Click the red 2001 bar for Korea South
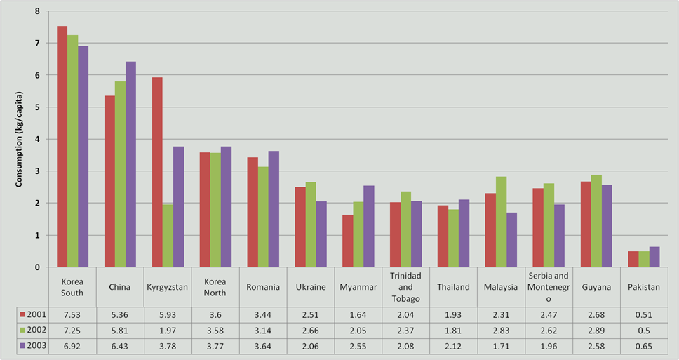62,147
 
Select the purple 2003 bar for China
130,164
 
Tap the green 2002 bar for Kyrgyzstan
168,236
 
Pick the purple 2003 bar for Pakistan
654,257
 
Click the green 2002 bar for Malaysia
501,222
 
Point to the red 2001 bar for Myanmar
348,241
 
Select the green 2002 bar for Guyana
596,221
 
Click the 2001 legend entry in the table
34,314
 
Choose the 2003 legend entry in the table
34,347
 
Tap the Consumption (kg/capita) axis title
19,140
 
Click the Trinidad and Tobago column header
405,287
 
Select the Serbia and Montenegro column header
549,287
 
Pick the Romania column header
263,287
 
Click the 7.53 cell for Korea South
72,314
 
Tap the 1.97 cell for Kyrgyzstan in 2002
168,330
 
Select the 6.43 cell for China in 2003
120,347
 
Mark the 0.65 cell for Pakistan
644,347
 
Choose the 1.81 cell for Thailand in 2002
453,330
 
